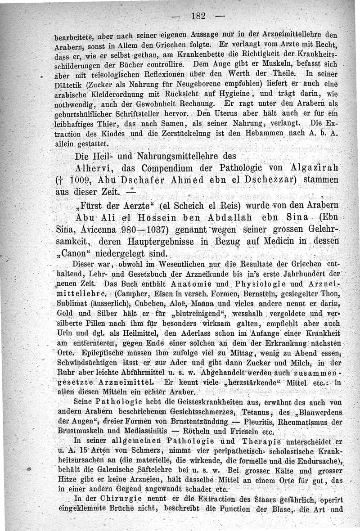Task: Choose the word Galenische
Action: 105,460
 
